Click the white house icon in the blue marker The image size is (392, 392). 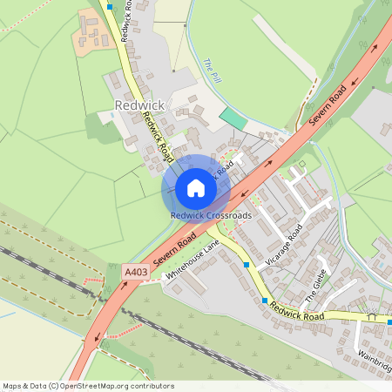pos(196,188)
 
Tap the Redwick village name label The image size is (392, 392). pos(139,105)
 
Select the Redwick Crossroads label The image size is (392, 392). pos(211,215)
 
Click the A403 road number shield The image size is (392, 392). pos(136,273)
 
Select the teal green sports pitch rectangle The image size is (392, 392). pos(233,116)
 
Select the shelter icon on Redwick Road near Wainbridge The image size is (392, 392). pos(374,319)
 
